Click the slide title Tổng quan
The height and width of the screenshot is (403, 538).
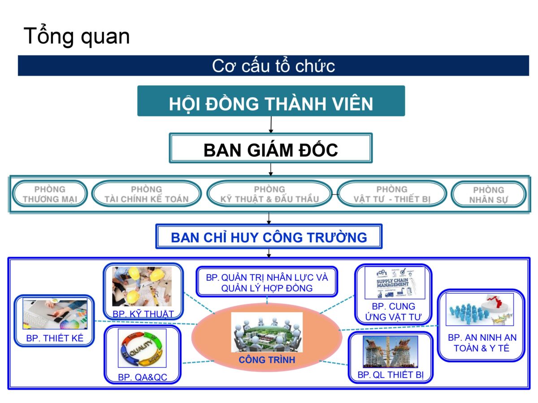77,36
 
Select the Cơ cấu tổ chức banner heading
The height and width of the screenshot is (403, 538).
273,66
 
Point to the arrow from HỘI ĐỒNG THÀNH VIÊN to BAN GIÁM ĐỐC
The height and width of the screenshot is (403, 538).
271,124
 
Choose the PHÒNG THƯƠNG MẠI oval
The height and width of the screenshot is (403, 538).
50,194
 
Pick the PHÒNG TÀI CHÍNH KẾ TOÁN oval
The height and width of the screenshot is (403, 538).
146,194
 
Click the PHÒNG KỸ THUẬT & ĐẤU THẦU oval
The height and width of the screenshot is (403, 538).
269,194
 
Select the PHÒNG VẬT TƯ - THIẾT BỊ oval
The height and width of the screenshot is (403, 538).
392,194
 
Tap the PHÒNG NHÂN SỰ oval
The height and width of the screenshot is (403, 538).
488,195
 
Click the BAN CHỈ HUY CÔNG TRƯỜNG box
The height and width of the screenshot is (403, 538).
269,237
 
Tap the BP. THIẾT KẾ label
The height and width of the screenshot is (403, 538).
55,339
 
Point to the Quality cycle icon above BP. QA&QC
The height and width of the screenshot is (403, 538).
142,349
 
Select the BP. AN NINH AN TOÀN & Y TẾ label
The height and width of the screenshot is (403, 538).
482,343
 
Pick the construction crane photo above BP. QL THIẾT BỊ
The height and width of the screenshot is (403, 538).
390,352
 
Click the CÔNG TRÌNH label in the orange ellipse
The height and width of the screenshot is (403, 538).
267,360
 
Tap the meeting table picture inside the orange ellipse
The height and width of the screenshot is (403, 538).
267,332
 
